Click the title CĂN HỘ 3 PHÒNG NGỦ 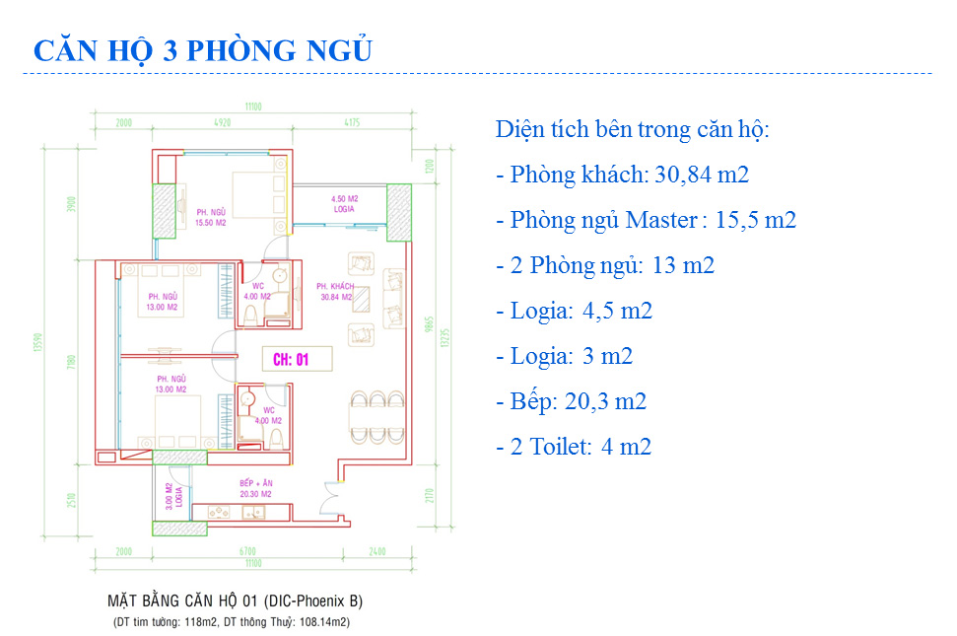(x=202, y=50)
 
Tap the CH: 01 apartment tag (x=291, y=360)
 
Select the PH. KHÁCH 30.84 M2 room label (x=335, y=291)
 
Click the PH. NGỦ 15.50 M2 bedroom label (x=211, y=217)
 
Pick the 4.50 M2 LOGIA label (x=344, y=203)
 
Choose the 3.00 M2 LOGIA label (x=172, y=494)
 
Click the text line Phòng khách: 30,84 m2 (x=622, y=176)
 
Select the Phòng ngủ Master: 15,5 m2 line (x=646, y=220)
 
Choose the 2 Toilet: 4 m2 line (x=574, y=447)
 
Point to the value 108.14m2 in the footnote (x=316, y=622)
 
